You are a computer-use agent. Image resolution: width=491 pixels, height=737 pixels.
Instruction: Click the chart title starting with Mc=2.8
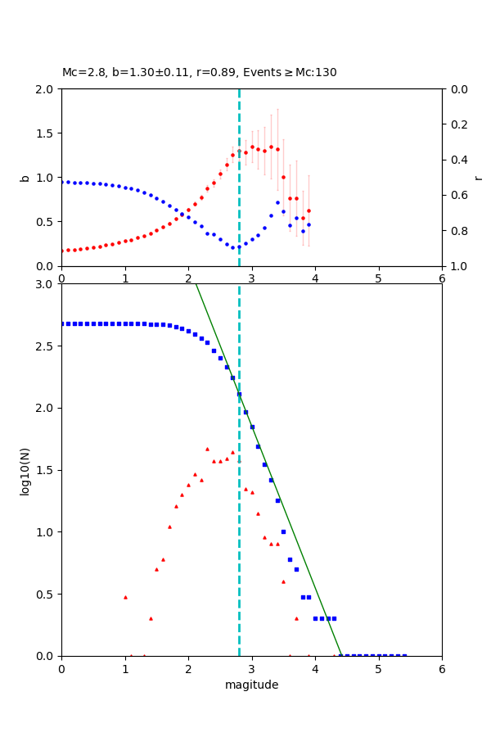click(199, 73)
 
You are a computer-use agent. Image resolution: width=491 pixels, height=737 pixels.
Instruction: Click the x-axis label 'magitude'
click(251, 685)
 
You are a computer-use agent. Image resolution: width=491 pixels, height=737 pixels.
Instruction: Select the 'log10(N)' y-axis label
click(25, 470)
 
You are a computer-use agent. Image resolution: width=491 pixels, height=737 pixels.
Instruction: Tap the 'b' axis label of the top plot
click(25, 178)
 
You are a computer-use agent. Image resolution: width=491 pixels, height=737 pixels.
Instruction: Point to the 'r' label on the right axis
click(478, 178)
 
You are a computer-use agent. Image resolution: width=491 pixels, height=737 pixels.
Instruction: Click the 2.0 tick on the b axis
click(45, 89)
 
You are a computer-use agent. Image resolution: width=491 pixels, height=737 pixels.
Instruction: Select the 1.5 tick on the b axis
click(45, 133)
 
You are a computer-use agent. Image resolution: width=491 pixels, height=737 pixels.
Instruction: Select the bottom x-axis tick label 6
click(442, 668)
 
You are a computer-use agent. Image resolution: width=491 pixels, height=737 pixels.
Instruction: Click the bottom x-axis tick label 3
click(251, 668)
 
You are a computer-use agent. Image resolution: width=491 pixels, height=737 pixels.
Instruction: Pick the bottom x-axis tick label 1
click(124, 668)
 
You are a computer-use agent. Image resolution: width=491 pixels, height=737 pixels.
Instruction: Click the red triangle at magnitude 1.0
click(125, 597)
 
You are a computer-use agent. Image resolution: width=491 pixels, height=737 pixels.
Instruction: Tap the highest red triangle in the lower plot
click(207, 449)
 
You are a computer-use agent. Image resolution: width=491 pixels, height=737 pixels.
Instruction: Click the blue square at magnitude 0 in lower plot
click(62, 323)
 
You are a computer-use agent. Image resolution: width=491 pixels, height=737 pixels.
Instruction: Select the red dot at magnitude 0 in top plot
click(62, 251)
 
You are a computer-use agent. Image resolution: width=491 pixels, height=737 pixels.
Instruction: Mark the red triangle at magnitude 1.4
click(151, 618)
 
